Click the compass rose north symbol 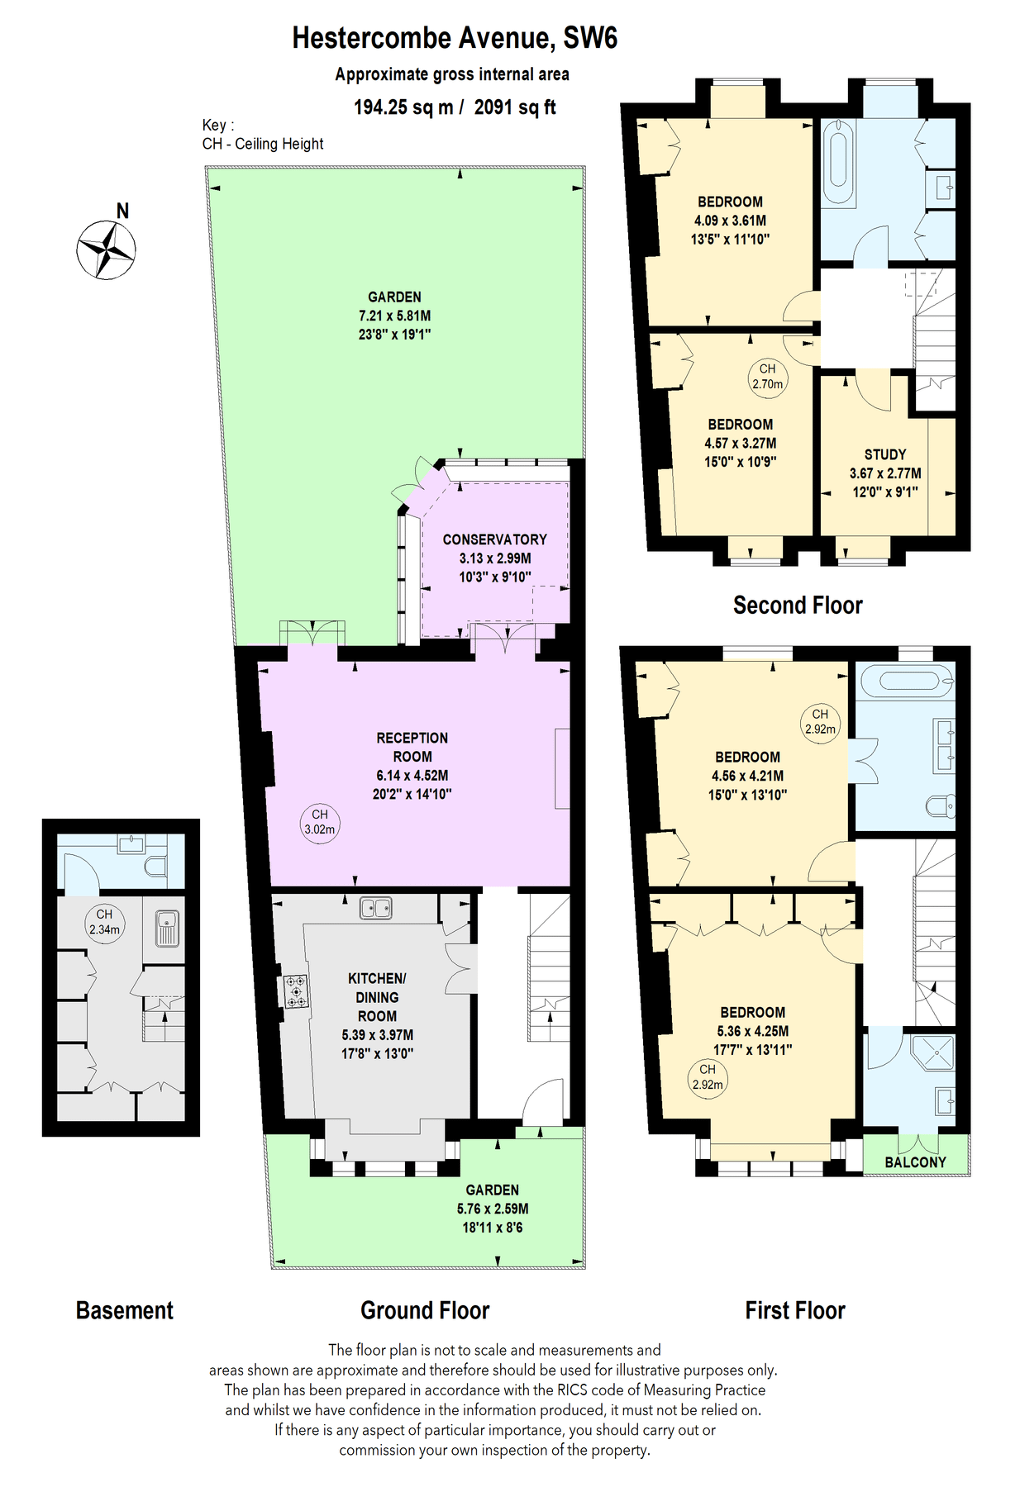point(107,248)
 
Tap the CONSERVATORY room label point(494,539)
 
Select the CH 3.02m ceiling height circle point(320,822)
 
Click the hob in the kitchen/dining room point(296,991)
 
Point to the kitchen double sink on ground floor point(376,909)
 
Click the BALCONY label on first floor point(915,1162)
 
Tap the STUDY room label point(885,454)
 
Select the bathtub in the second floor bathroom point(838,163)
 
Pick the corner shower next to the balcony point(934,1052)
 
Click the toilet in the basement point(155,866)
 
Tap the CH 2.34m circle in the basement point(104,922)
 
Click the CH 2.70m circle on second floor point(768,377)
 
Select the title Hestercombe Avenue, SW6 point(455,38)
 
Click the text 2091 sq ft point(514,107)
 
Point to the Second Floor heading point(798,606)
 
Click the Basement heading point(125,1311)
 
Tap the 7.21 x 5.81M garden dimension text point(394,316)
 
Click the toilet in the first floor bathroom point(941,805)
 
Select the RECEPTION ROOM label point(412,747)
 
